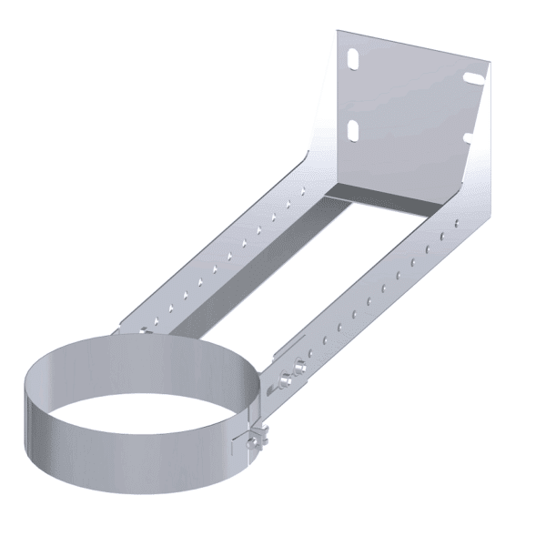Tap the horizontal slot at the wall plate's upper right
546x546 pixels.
[472, 78]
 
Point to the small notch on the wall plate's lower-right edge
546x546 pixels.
[467, 138]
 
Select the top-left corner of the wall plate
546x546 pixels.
[339, 33]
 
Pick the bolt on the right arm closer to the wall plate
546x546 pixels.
[298, 371]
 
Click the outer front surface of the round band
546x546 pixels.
[136, 464]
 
